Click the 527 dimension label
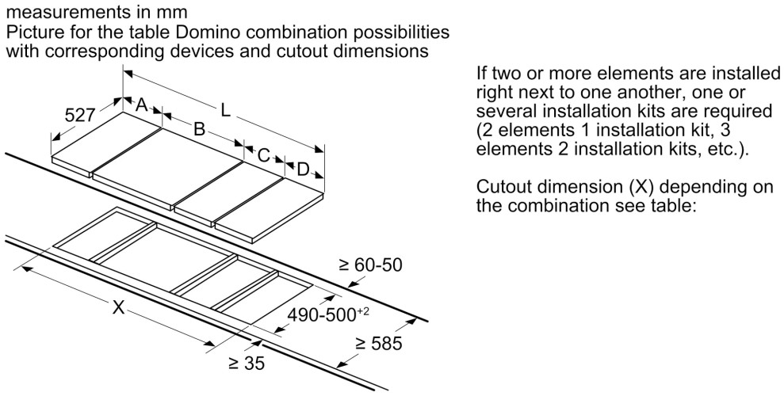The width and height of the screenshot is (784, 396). [x=79, y=116]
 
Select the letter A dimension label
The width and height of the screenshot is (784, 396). [x=143, y=105]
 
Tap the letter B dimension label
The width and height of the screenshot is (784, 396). [x=200, y=128]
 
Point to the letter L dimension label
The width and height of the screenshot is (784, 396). [x=226, y=112]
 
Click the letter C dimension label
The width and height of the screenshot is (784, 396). [x=264, y=154]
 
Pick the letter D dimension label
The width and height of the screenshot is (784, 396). [x=303, y=169]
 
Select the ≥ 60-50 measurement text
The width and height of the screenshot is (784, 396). [x=370, y=265]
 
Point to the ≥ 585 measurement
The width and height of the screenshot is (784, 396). [x=379, y=344]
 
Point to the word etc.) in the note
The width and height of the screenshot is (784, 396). [x=724, y=150]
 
